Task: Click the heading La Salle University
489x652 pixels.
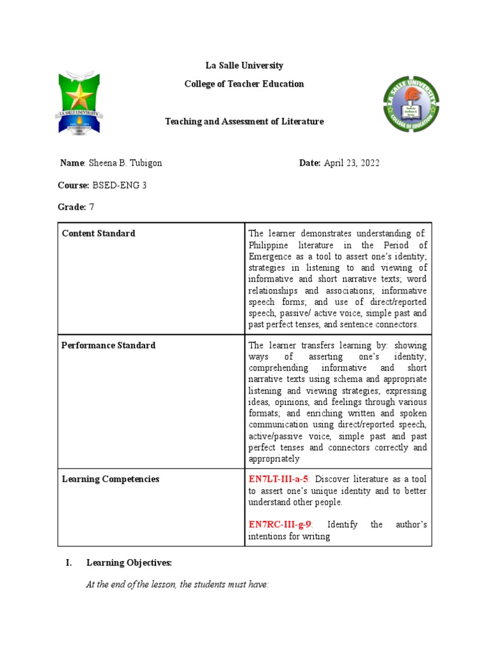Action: [x=244, y=66]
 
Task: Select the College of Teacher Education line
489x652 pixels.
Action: [x=244, y=84]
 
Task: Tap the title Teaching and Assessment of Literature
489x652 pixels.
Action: [x=244, y=121]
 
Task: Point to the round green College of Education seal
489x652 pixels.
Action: [x=411, y=105]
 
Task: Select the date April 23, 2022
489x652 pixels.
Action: [x=351, y=163]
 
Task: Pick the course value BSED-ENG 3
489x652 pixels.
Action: [x=123, y=185]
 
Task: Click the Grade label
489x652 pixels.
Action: [x=72, y=207]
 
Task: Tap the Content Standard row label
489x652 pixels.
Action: [x=99, y=234]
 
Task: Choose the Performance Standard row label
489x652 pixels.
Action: [x=108, y=345]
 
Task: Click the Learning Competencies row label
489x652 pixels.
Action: [x=110, y=479]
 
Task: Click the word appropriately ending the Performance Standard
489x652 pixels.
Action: [x=274, y=458]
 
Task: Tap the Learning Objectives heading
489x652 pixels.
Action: [x=129, y=563]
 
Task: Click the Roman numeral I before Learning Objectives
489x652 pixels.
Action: [x=68, y=563]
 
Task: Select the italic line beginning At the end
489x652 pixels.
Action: [x=177, y=585]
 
